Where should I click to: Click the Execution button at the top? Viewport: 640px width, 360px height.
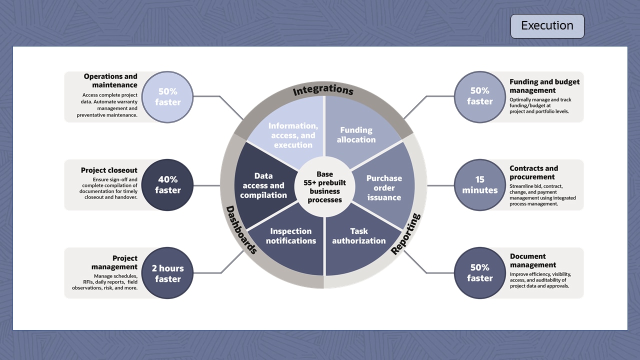547,26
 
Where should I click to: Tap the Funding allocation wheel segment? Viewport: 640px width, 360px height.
356,135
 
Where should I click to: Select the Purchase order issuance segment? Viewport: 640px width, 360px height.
384,188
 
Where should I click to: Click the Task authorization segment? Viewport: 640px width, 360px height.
359,236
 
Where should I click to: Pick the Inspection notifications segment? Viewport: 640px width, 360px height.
291,236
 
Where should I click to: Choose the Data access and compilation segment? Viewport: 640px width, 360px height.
263,185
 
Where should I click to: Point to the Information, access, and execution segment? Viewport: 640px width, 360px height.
293,135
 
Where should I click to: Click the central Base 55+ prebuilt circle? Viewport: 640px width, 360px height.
324,187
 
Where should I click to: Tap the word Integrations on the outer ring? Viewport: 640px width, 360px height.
323,90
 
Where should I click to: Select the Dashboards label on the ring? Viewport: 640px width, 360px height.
241,229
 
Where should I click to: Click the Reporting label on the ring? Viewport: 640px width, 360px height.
406,233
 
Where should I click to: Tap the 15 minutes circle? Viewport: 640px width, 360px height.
480,185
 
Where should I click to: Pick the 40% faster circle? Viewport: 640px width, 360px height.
168,185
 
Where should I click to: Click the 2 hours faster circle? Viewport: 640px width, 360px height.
168,273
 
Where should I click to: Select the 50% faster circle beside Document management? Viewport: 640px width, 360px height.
480,273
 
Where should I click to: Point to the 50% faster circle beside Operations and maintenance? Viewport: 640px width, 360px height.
168,97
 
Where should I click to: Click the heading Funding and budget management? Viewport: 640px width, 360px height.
544,86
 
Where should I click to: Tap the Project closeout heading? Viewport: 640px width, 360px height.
109,170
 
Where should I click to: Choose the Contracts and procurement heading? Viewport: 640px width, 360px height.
533,172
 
